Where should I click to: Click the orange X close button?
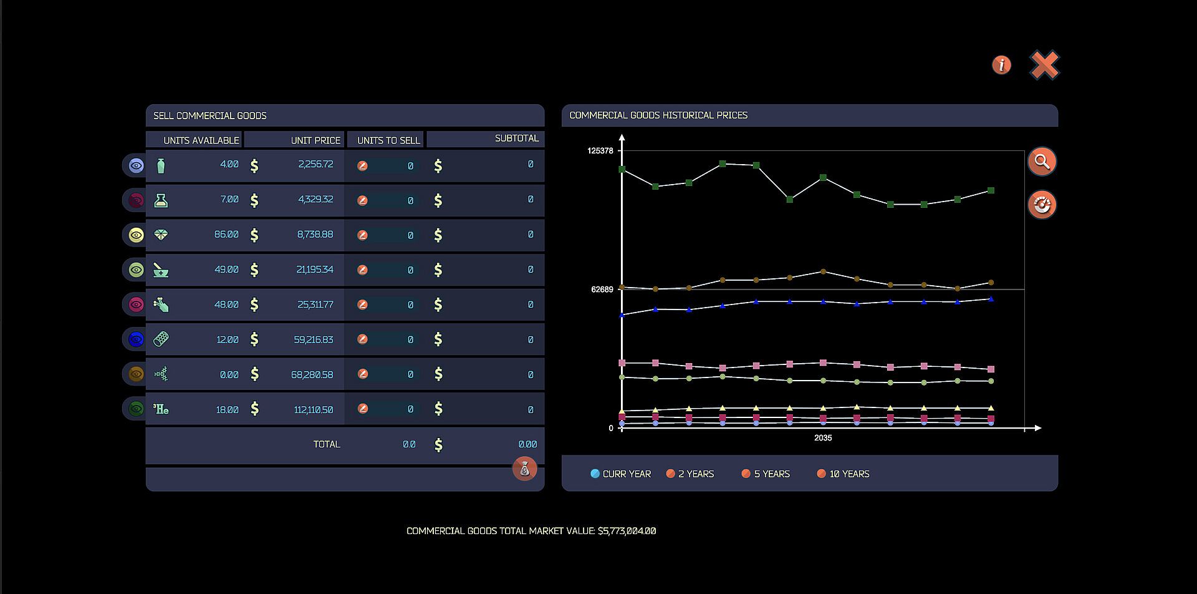click(x=1044, y=65)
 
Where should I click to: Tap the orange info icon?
click(x=1001, y=65)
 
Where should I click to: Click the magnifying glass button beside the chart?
click(x=1042, y=162)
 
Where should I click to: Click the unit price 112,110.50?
click(x=313, y=409)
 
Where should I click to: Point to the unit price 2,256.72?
click(x=315, y=164)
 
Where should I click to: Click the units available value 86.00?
click(x=226, y=235)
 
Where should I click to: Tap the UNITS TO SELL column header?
click(x=388, y=140)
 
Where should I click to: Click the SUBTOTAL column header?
click(x=516, y=139)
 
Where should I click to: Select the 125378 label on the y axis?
click(x=600, y=151)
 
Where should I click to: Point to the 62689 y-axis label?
click(x=602, y=290)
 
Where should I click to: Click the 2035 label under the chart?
click(x=823, y=438)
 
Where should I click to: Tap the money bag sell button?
click(x=524, y=469)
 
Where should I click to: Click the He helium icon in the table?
click(x=161, y=409)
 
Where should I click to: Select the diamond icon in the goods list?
click(x=161, y=235)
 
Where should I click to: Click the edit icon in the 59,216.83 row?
click(x=362, y=339)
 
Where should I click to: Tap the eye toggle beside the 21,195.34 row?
click(x=136, y=270)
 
